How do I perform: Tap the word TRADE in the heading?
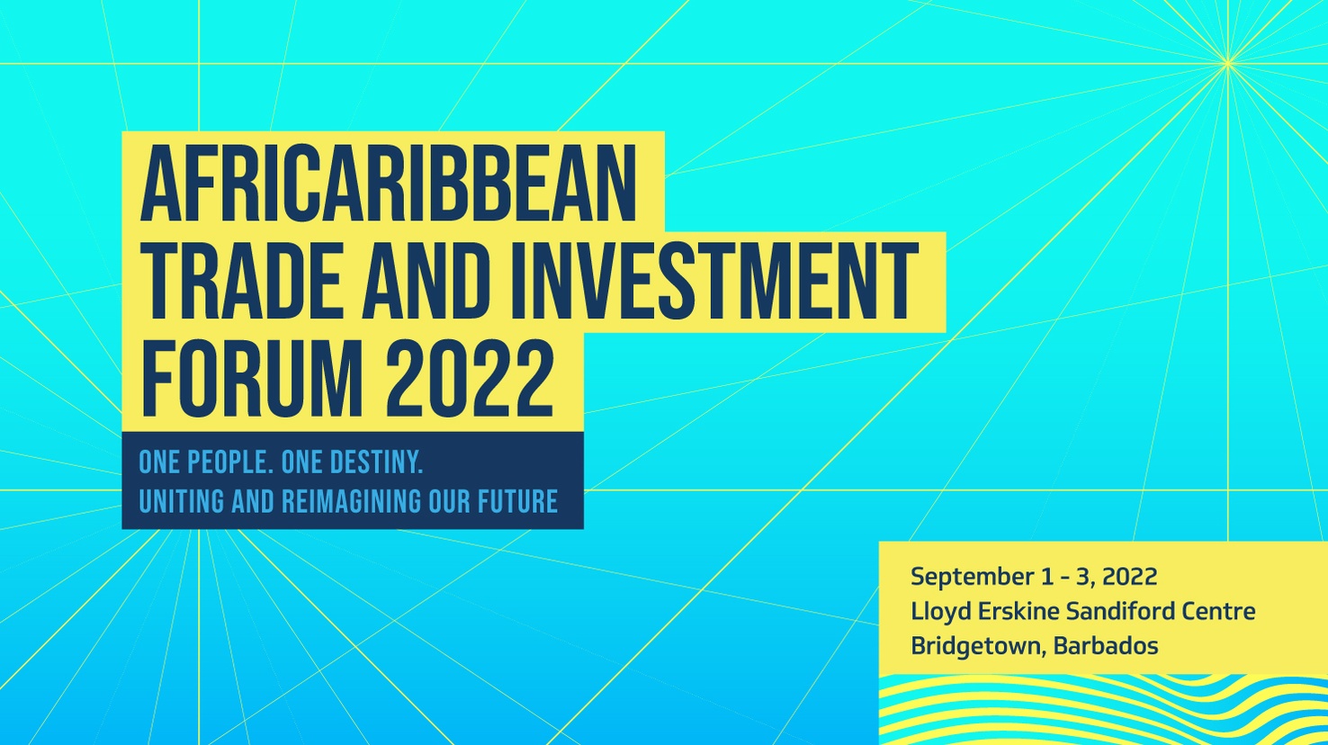click(x=241, y=283)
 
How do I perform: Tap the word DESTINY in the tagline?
click(x=376, y=462)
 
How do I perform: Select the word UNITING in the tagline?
click(x=182, y=501)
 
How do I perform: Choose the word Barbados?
click(x=1107, y=645)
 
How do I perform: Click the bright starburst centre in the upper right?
click(x=1227, y=63)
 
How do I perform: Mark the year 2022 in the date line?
click(x=1129, y=577)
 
